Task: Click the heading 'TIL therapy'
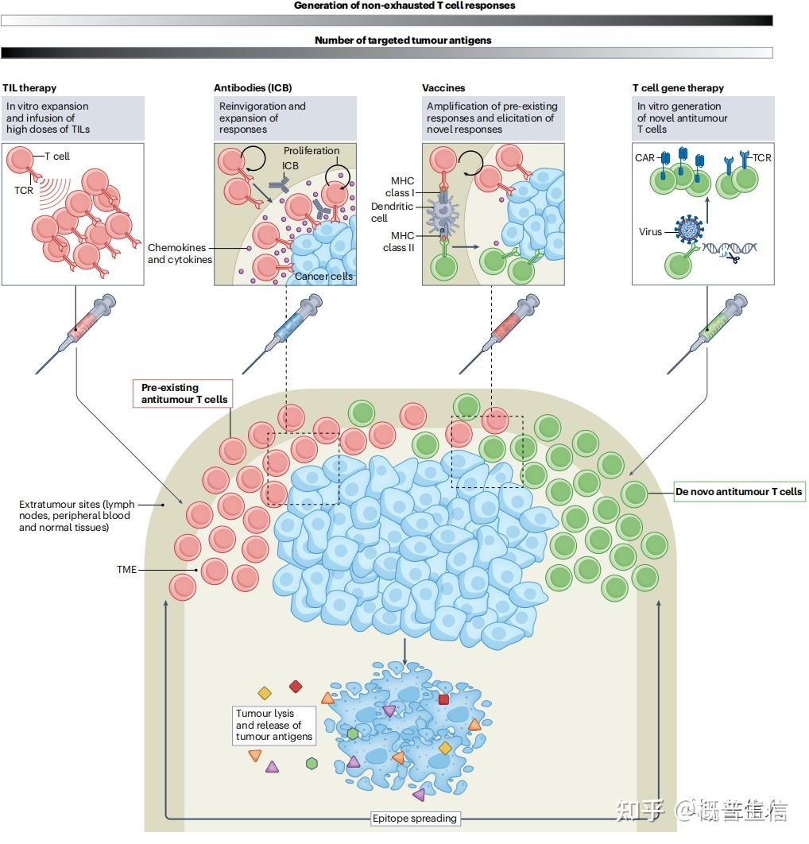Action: pos(29,88)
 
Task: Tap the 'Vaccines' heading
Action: pos(443,88)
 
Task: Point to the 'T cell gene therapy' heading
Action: pos(678,88)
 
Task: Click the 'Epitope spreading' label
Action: pos(415,818)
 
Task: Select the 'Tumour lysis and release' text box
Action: pos(274,725)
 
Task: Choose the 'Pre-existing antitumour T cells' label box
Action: pos(184,393)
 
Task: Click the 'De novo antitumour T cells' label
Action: pos(738,492)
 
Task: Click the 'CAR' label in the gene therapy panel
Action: pos(644,158)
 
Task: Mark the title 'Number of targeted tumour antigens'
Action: pos(402,40)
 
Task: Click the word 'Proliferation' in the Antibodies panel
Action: pos(311,151)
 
